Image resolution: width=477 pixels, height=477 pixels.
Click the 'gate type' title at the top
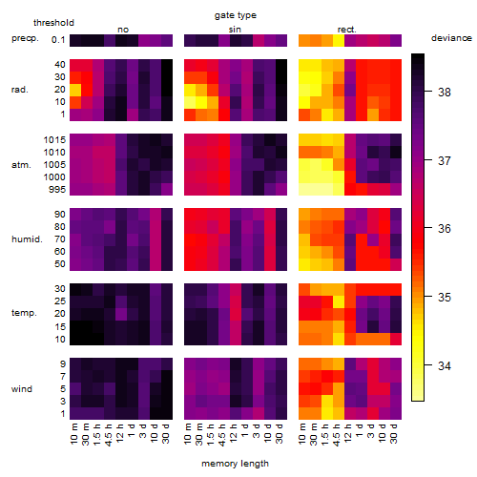tap(236, 15)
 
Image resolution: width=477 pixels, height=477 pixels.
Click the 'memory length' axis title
tap(235, 464)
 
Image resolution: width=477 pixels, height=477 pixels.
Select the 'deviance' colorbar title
tap(451, 38)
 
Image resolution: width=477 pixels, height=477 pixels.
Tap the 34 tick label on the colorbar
tap(445, 366)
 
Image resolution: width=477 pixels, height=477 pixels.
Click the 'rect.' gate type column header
tap(346, 30)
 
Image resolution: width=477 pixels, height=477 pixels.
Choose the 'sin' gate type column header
tap(235, 30)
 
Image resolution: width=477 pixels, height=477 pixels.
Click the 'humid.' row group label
tap(27, 239)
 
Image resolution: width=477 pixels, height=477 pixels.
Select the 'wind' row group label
tap(22, 389)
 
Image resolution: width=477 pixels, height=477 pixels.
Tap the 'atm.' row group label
tap(21, 165)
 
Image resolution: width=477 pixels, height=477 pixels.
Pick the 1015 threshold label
tap(54, 140)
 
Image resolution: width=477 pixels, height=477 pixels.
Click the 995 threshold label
tap(57, 190)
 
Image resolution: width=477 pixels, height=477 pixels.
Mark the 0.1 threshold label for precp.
tap(58, 40)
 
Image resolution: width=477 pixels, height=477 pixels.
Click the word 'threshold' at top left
tap(53, 23)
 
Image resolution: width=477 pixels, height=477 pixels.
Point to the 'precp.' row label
tap(25, 38)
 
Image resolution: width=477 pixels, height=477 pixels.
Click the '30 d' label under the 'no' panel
tap(166, 433)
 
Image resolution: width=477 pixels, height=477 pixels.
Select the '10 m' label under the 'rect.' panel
tap(303, 433)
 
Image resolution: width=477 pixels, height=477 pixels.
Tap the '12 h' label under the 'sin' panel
tap(235, 433)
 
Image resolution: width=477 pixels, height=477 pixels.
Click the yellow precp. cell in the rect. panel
tap(339, 40)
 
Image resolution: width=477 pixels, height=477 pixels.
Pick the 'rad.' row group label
tap(20, 90)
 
